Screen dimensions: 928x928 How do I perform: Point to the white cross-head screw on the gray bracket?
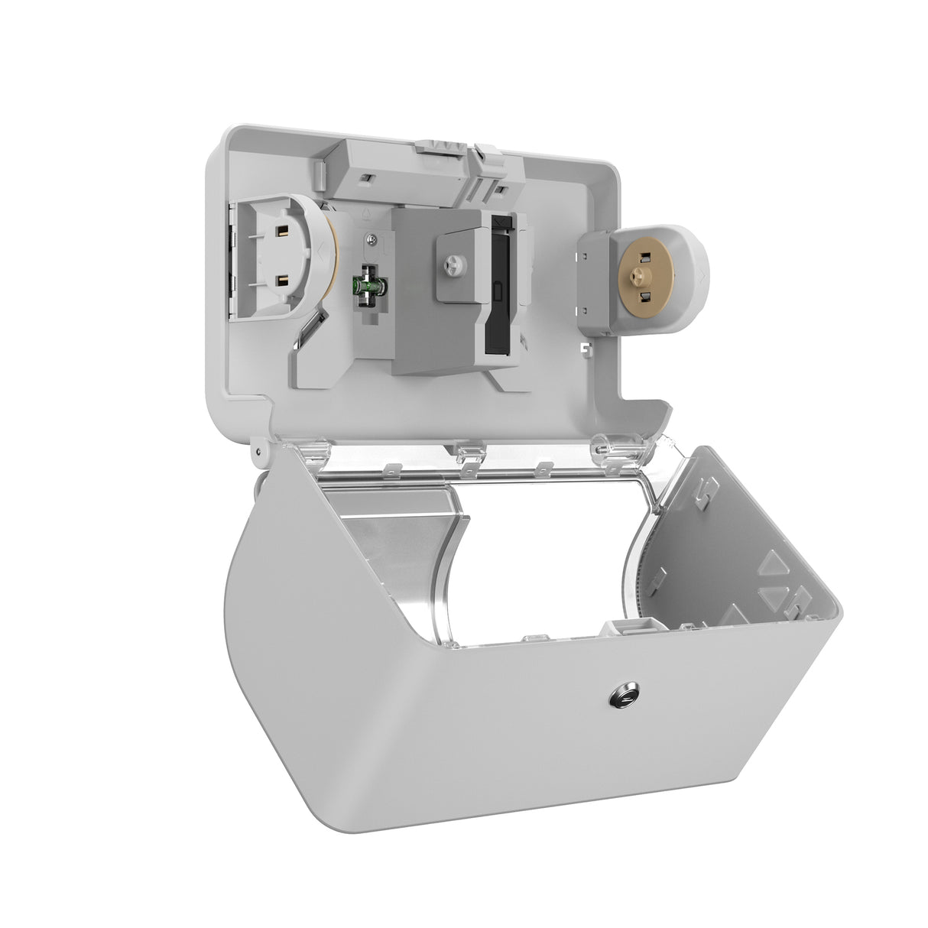click(x=449, y=262)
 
